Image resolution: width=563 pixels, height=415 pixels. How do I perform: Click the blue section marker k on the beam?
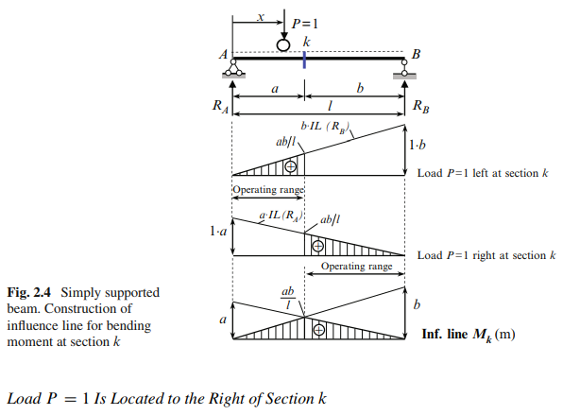click(304, 60)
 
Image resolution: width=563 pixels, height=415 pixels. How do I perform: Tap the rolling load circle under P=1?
click(283, 45)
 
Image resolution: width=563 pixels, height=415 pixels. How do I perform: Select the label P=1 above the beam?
click(305, 24)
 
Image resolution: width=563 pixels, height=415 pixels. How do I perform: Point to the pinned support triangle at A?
click(233, 68)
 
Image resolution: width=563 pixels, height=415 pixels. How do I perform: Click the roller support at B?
click(404, 68)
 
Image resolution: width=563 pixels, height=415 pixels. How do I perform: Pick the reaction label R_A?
click(220, 107)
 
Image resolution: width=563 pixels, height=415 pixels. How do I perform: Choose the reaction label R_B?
click(420, 107)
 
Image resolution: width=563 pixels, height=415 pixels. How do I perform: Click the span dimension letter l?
click(330, 106)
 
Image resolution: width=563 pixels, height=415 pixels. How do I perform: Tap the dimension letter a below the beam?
click(275, 89)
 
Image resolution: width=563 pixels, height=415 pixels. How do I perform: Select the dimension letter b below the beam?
click(360, 88)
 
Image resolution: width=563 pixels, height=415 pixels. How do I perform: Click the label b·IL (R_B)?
click(325, 127)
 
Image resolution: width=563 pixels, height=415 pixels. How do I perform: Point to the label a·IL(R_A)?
click(281, 216)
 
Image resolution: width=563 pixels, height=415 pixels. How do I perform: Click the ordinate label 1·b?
click(418, 145)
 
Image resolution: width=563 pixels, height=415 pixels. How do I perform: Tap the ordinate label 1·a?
click(218, 231)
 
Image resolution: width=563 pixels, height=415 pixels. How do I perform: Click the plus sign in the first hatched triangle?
click(291, 166)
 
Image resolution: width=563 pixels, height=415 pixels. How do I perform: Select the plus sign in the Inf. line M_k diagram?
click(319, 330)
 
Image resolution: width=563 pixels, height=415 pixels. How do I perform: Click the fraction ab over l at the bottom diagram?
click(287, 298)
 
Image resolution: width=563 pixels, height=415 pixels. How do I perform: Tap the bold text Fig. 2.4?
click(29, 292)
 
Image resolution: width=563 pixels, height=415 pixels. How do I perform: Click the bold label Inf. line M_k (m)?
click(469, 335)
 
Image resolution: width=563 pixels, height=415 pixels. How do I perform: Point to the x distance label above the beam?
click(261, 17)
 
